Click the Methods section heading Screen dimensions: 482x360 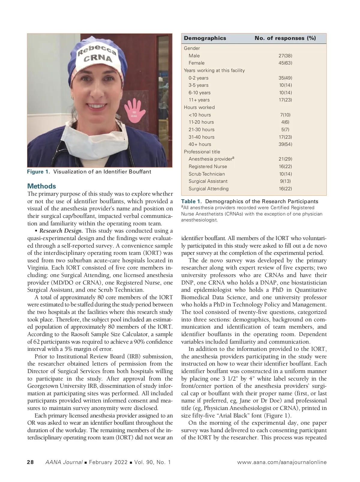pos(41,186)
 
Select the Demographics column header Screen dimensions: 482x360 pos(205,38)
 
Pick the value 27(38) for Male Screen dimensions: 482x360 pos(285,56)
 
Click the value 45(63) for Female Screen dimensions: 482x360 pos(285,63)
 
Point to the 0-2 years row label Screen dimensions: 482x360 pos(198,78)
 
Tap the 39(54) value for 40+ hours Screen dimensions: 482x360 pos(285,144)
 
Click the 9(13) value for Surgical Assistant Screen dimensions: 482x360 pos(285,181)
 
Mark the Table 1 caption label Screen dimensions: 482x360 pos(192,201)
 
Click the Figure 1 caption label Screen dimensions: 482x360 pos(39,172)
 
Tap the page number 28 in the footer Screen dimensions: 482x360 pos(30,462)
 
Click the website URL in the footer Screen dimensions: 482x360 pos(282,462)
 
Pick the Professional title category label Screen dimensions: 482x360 pos(202,152)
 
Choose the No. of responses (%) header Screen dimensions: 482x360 pos(285,38)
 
